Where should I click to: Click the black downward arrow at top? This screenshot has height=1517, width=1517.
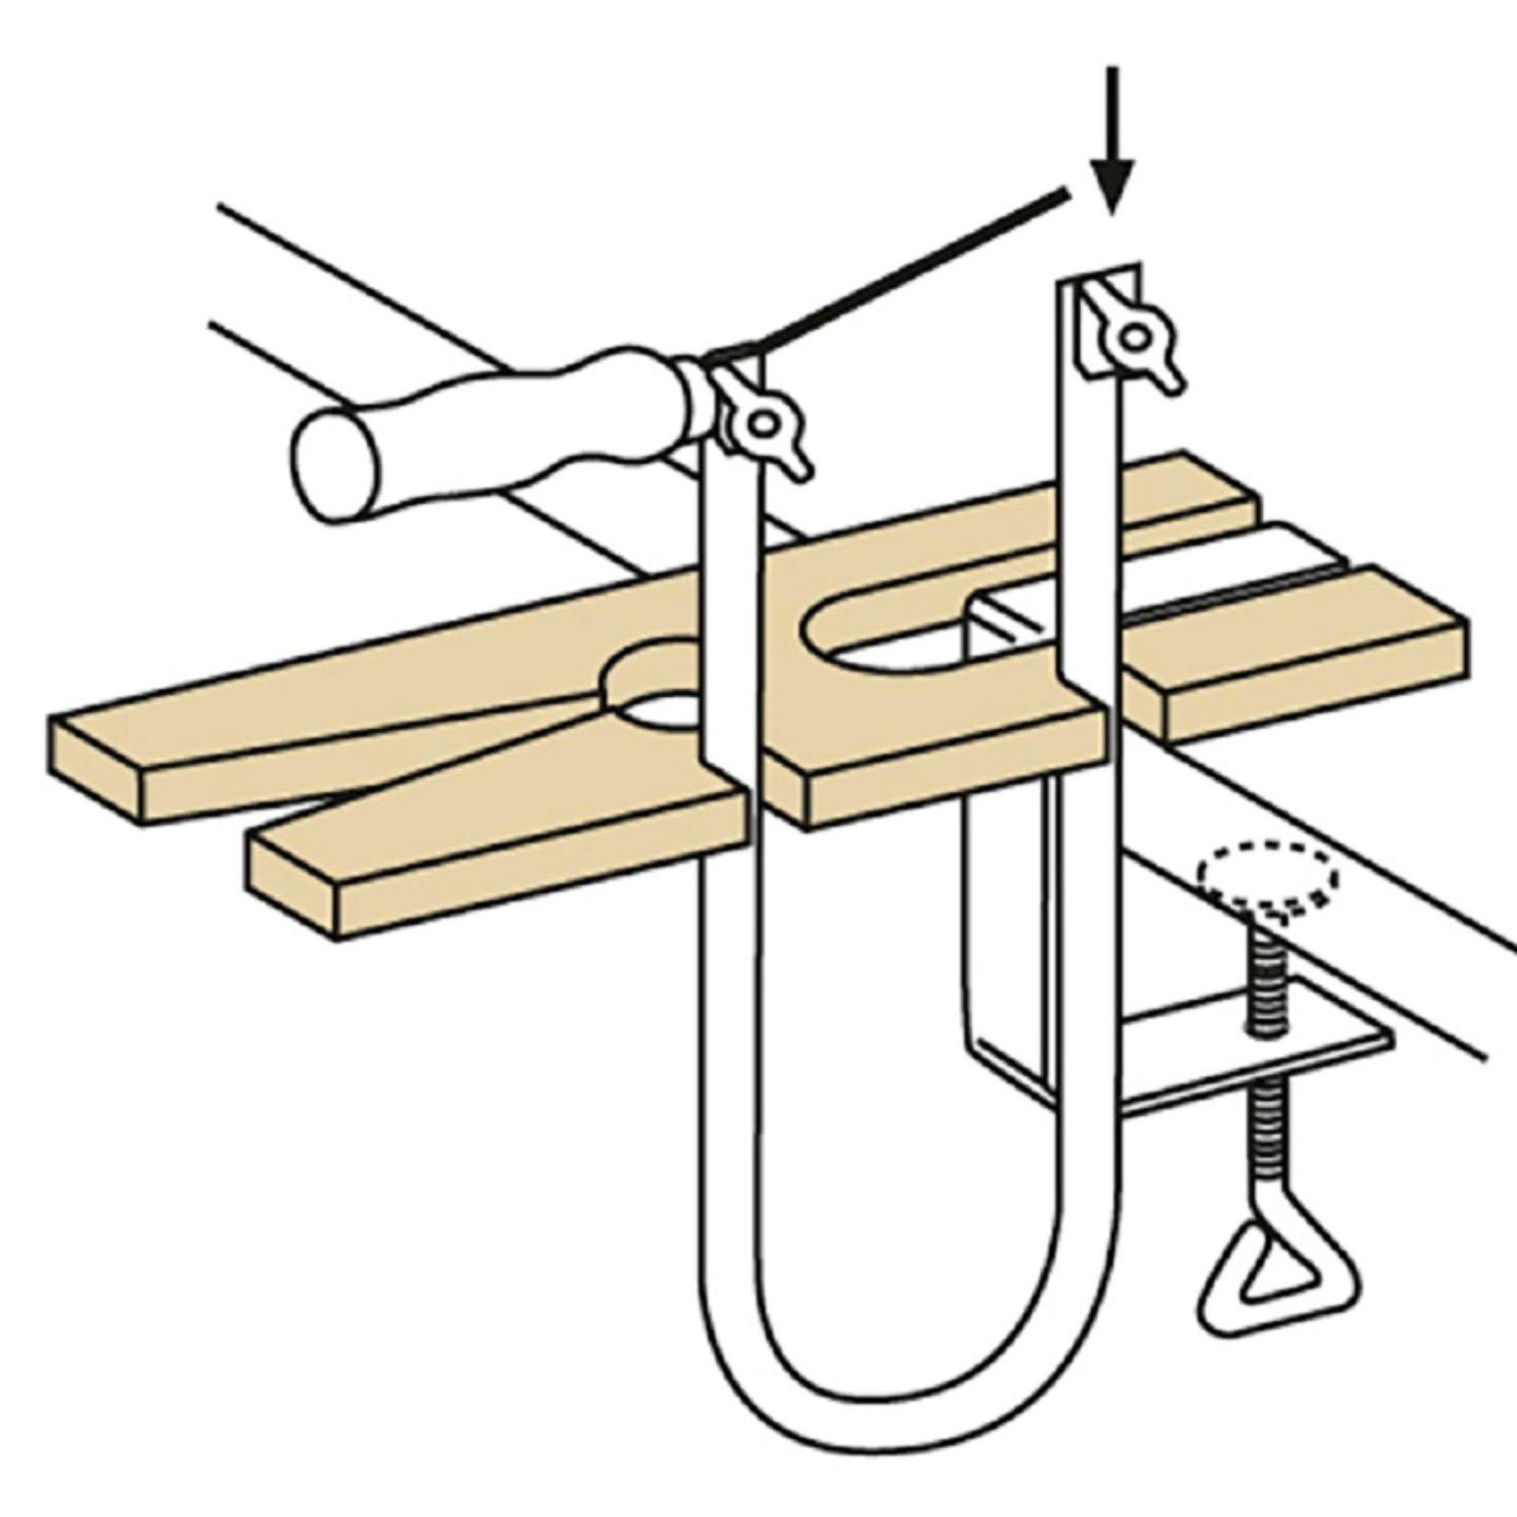point(1112,142)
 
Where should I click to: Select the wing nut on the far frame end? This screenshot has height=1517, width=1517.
point(1134,337)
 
